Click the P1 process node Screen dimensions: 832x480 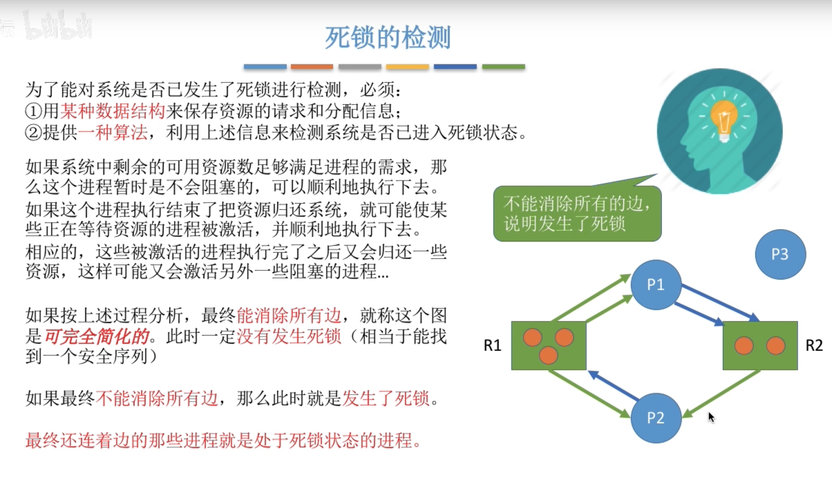tap(656, 285)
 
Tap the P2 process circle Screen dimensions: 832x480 tap(656, 418)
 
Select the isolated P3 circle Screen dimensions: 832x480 tap(780, 254)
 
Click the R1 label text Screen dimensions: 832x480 tap(492, 345)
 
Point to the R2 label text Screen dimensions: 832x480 tap(814, 345)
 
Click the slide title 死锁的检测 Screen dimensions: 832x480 tap(388, 37)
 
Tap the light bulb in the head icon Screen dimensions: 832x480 tap(724, 118)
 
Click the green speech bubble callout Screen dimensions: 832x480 tap(577, 214)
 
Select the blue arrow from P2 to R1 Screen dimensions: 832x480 tap(613, 386)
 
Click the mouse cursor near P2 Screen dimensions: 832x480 tap(711, 417)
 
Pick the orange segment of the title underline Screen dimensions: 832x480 tap(312, 67)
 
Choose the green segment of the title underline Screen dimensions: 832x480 tap(503, 67)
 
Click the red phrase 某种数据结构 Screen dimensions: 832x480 tap(112, 111)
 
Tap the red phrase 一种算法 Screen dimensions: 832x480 tap(112, 132)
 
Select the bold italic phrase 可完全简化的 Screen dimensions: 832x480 tap(97, 336)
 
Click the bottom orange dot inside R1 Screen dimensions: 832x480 tap(548, 355)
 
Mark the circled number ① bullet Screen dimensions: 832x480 tap(33, 111)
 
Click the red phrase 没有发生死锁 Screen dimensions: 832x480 tap(289, 336)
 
